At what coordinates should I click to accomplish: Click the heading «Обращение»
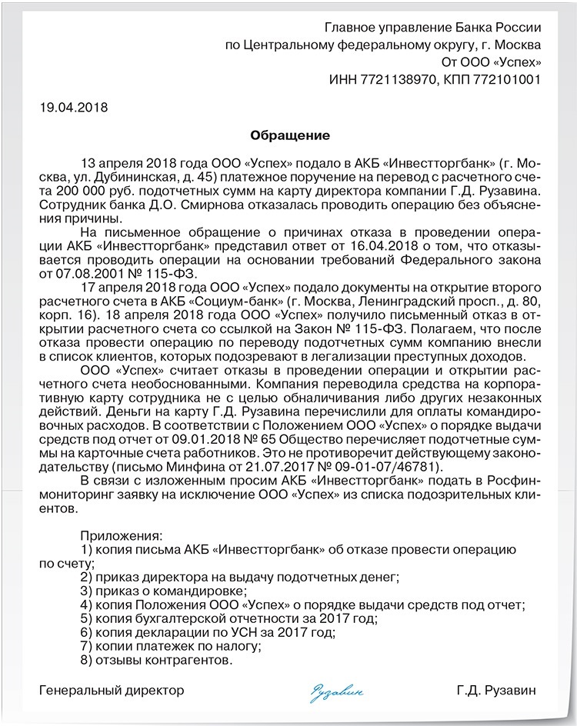click(290, 135)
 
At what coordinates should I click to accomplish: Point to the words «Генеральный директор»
click(112, 690)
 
